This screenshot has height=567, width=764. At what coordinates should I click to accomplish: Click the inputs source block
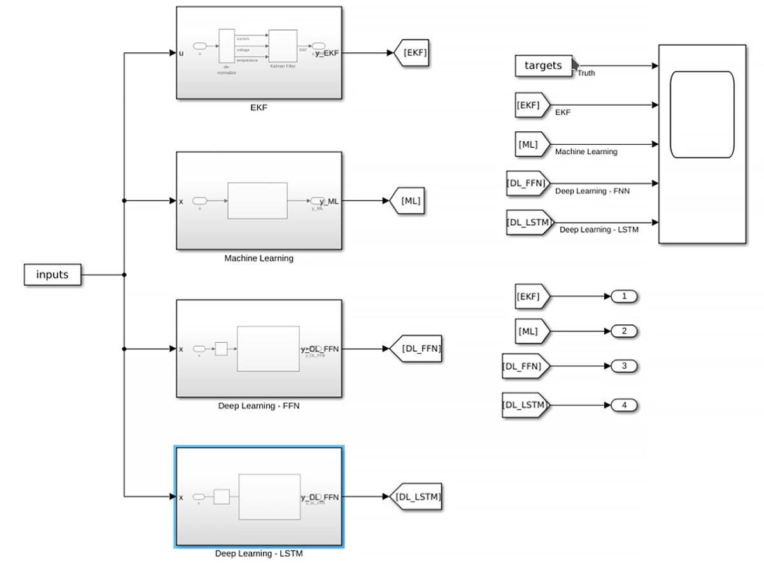point(52,275)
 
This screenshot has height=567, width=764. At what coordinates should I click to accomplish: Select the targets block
point(543,66)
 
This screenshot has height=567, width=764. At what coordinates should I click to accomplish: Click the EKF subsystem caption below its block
point(258,108)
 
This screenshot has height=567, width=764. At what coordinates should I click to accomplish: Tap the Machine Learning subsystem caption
point(258,259)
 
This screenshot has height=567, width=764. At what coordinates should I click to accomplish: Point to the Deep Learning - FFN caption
point(258,406)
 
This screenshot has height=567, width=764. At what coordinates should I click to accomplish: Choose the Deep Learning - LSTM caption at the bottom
point(258,554)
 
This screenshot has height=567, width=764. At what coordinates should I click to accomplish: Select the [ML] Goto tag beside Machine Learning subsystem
point(408,201)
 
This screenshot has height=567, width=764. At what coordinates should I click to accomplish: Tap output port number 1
point(624,296)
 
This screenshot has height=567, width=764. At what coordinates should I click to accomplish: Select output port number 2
point(624,331)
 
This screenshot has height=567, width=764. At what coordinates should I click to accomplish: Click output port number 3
point(624,366)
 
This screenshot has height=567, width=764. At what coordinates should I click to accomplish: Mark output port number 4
point(624,405)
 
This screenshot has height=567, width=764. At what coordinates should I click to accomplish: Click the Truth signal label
point(586,73)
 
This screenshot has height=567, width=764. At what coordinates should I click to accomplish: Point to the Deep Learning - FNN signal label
point(592,190)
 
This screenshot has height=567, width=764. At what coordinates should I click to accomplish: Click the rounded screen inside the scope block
point(702,114)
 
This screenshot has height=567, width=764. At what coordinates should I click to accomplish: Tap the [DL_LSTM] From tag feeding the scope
point(528,222)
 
